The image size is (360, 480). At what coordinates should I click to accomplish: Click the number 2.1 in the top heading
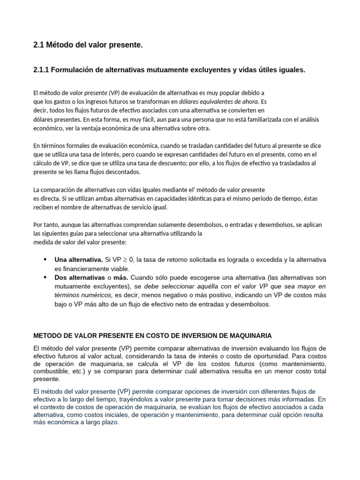39,45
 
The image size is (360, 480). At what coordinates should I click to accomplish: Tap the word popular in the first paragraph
225,93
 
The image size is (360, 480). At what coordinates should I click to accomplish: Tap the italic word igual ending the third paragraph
159,207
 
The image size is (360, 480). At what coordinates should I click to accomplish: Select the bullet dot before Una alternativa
45,259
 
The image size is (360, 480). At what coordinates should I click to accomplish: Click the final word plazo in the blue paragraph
110,422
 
